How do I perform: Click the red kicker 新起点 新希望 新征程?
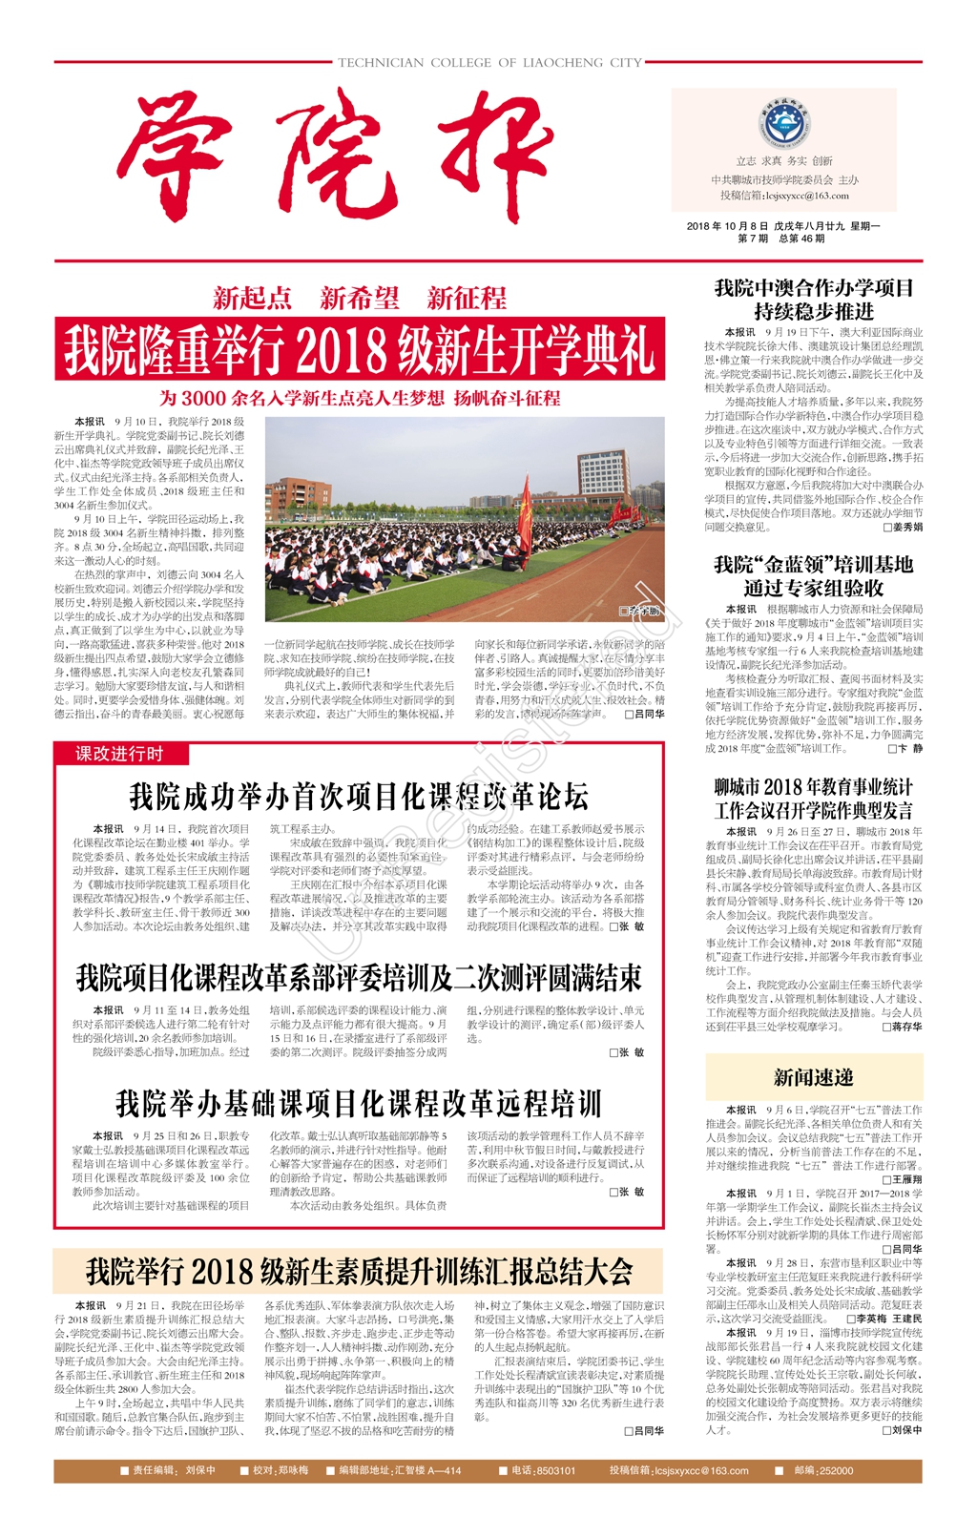360,299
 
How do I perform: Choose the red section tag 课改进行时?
120,754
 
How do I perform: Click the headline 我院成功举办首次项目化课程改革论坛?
359,797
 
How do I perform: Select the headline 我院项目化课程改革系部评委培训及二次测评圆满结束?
359,978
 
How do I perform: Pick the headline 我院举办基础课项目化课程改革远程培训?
359,1104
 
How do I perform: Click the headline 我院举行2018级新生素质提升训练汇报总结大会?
359,1272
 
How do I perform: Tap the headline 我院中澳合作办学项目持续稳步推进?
814,300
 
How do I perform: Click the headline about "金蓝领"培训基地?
814,576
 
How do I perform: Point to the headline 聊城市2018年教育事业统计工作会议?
814,799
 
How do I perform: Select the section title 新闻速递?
814,1077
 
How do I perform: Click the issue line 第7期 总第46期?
781,239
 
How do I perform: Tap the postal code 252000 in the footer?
837,1470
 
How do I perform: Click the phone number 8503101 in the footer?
555,1470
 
